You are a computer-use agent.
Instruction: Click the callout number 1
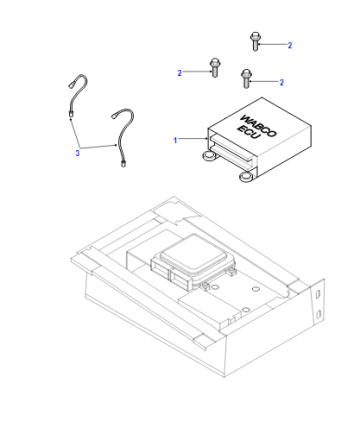pos(175,140)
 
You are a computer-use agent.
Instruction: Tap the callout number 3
pos(78,153)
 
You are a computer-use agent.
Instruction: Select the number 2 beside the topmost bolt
pos(290,45)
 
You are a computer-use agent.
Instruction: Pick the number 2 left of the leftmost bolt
pos(180,73)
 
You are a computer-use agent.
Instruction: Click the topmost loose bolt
pos(255,41)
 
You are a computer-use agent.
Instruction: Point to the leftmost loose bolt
pos(214,68)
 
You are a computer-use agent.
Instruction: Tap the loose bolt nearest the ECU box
pos(246,79)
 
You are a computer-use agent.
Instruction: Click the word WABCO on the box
pos(258,125)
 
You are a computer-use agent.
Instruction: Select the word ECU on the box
pos(248,132)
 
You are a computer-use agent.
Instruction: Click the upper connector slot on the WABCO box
pos(233,147)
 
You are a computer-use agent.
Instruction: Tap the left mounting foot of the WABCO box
pos(209,156)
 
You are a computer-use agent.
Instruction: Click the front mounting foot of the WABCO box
pos(247,176)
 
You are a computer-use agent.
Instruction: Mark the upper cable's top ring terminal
pos(71,85)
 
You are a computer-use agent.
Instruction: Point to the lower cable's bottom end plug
pos(123,164)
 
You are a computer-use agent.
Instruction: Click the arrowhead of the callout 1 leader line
pos(207,139)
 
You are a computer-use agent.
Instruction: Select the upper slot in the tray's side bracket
pos(318,294)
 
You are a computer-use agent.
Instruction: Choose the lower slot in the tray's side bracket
pos(318,314)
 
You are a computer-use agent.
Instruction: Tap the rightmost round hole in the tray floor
pos(256,288)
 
